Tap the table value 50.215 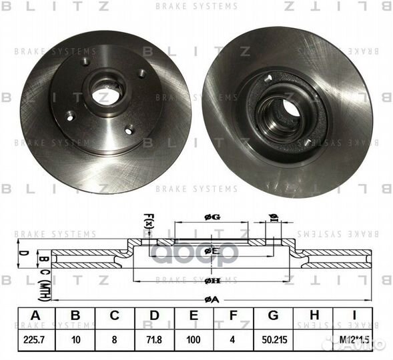273,339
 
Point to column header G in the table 273,316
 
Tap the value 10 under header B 75,339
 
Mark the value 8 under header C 114,339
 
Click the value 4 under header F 233,339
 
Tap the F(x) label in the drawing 149,220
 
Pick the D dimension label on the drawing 23,253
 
